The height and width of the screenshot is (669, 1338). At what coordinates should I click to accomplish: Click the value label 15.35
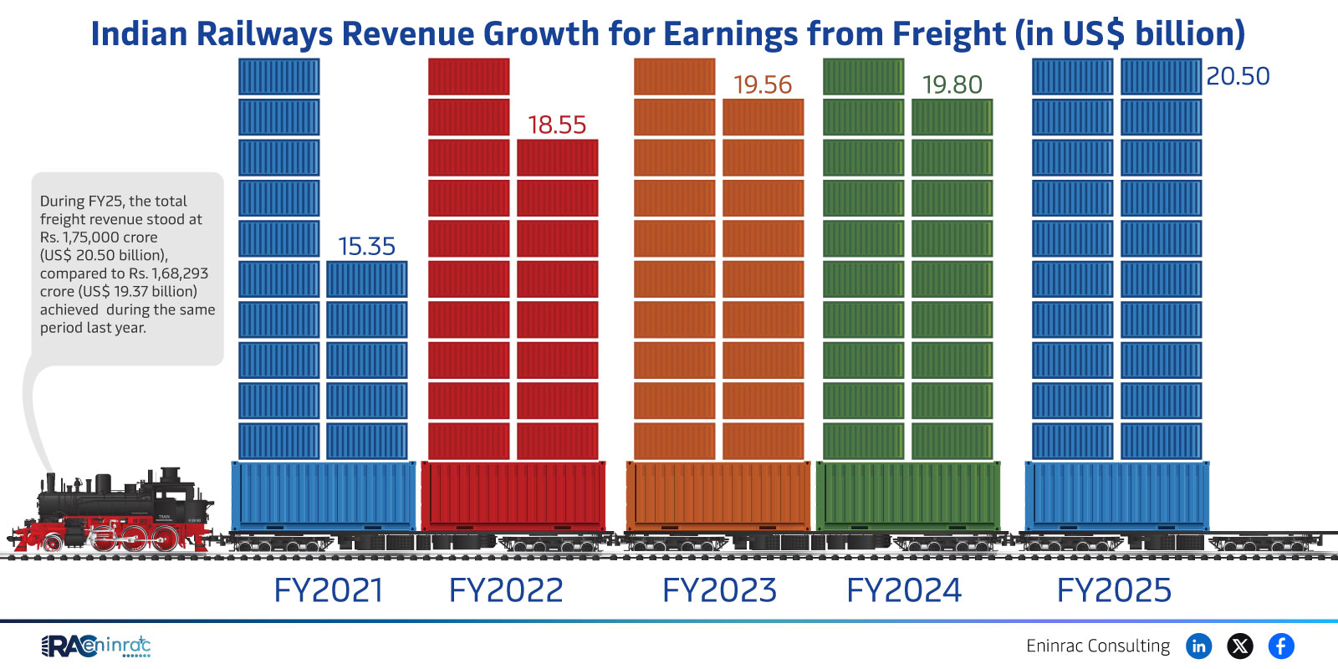point(366,246)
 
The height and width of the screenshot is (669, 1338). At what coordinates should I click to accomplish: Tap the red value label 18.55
point(557,125)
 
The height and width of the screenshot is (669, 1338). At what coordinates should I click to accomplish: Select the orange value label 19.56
point(762,84)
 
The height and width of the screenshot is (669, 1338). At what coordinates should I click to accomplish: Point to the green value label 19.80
point(952,84)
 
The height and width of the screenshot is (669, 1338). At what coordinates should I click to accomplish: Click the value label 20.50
point(1238,76)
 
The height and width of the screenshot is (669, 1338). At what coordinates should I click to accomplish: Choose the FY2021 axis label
point(329,590)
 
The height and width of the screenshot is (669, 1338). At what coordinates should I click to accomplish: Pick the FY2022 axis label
point(506,590)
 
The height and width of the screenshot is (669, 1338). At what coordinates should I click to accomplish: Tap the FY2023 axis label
point(719,590)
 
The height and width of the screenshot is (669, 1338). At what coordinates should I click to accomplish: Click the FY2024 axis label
point(904,590)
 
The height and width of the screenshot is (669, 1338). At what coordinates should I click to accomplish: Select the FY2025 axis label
point(1114,590)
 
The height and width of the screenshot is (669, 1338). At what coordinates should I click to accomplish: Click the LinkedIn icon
point(1199,646)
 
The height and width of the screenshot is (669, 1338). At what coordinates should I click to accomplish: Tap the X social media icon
point(1240,646)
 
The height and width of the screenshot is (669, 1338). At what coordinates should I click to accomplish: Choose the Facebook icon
point(1281,646)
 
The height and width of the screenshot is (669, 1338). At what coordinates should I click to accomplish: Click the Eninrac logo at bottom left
point(95,646)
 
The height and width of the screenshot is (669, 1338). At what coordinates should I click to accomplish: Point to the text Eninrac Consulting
point(1098,646)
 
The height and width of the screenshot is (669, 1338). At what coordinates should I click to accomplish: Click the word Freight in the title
point(949,34)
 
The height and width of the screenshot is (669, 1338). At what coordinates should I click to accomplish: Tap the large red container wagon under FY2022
point(513,495)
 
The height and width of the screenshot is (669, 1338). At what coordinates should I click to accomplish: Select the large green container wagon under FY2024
point(908,495)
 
